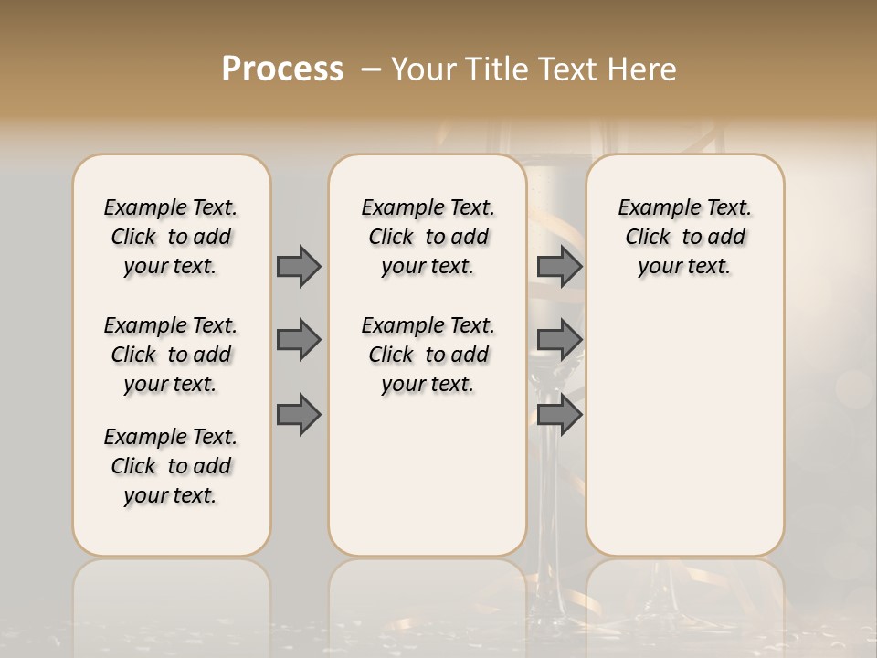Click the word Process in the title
282,69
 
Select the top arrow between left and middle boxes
299,266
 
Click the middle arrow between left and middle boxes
299,340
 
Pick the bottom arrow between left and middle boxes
299,415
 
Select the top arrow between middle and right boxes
559,266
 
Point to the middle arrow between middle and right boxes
559,340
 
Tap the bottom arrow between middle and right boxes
559,415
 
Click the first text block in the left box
171,237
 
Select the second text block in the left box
171,355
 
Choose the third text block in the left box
171,466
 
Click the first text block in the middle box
428,237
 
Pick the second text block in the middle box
428,355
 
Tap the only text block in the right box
684,237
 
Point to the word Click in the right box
648,238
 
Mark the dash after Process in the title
371,69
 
